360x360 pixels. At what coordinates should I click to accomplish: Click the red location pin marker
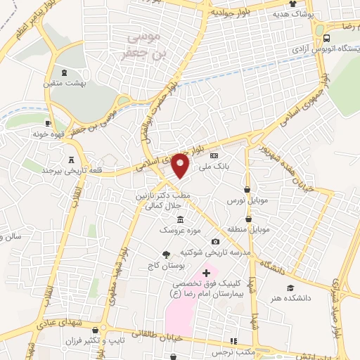point(181,166)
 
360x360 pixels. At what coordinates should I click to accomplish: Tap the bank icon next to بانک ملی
point(214,156)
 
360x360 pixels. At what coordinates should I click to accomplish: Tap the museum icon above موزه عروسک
point(181,220)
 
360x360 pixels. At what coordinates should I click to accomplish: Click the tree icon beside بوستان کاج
point(166,255)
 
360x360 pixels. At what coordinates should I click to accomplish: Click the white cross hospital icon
point(206,272)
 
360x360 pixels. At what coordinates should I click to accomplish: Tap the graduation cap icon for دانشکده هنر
point(290,287)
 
